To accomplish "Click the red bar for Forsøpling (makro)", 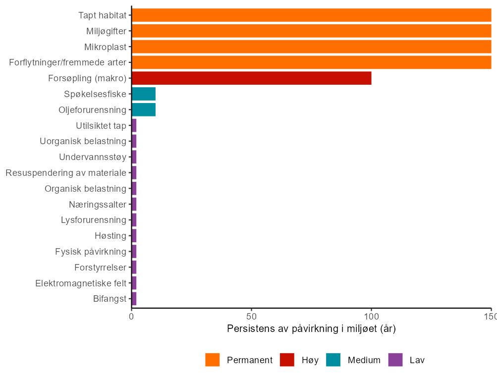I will point(252,78).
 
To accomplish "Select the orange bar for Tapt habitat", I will point(311,15).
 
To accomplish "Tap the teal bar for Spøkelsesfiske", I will point(144,94).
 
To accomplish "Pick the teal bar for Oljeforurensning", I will point(144,109).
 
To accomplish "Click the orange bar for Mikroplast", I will point(311,47).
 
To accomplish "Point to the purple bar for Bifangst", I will point(134,299).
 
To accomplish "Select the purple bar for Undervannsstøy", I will point(134,157).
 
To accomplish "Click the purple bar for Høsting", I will point(134,236).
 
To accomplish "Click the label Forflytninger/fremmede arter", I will point(68,62).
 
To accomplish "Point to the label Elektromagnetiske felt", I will point(81,283).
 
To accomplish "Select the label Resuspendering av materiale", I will point(66,173).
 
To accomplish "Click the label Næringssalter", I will point(98,205).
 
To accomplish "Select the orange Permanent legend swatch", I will point(213,360).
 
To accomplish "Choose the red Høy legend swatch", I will point(287,360).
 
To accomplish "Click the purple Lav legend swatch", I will point(395,360).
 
